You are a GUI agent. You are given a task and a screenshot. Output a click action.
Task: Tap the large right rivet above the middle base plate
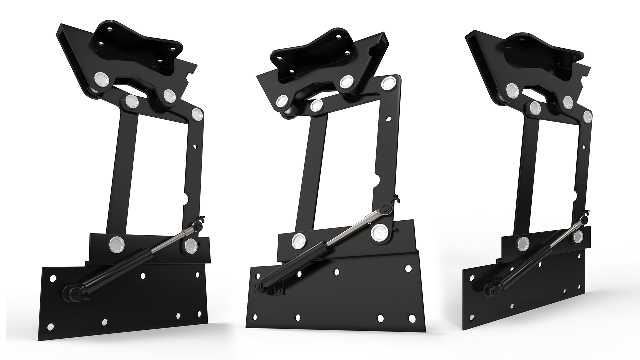[379, 232]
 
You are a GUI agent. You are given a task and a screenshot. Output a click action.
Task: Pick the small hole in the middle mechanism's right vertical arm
[389, 118]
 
